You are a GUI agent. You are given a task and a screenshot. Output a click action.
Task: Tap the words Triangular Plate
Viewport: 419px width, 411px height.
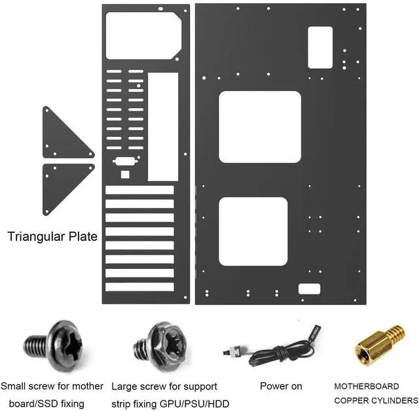[x=52, y=236]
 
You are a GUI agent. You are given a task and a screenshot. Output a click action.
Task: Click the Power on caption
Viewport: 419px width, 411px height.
[x=281, y=386]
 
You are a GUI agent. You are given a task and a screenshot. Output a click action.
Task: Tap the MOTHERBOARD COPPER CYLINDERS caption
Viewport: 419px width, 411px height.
[x=376, y=393]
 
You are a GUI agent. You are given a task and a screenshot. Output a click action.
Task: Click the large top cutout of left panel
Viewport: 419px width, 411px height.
[x=143, y=36]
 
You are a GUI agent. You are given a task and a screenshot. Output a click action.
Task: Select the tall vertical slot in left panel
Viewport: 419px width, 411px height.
[x=163, y=126]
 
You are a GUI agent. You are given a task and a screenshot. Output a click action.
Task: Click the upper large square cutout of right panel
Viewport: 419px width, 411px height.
[x=259, y=127]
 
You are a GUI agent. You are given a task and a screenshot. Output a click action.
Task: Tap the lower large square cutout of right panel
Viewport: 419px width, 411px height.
[x=253, y=231]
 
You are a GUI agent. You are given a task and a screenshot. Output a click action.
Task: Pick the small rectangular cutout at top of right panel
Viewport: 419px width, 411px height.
[x=320, y=47]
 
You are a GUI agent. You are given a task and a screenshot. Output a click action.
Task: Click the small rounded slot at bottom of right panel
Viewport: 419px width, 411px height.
[x=309, y=289]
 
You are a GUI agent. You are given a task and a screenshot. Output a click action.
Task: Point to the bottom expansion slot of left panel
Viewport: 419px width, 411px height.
[x=139, y=287]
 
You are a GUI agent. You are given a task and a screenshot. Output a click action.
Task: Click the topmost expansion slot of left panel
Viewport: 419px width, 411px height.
[x=139, y=190]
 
